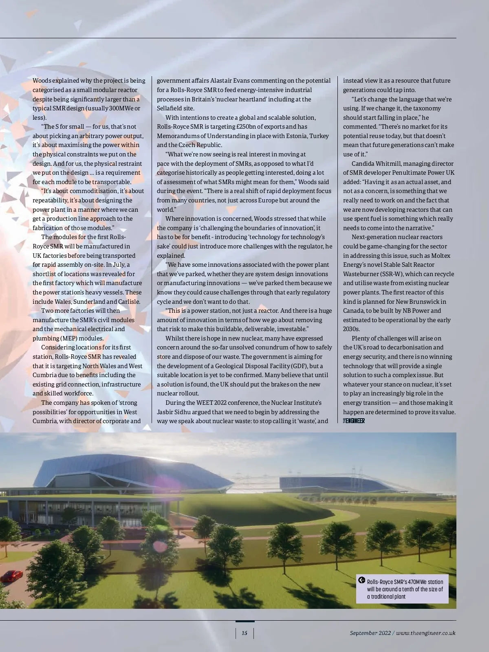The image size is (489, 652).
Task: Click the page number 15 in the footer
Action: [244, 633]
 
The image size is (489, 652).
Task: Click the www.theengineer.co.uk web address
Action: [425, 633]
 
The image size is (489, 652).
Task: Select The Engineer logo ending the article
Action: [354, 421]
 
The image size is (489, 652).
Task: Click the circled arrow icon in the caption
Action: [361, 580]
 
